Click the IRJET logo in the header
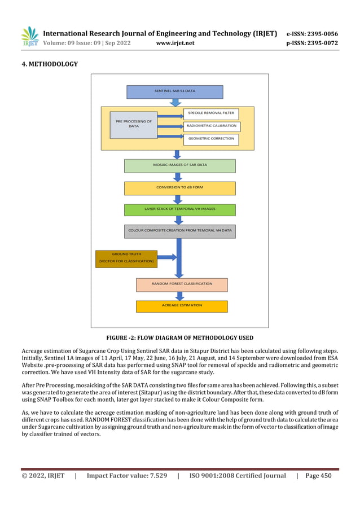[x=29, y=37]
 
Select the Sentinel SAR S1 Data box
[x=175, y=91]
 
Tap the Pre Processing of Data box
[x=134, y=124]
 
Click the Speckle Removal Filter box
[x=210, y=113]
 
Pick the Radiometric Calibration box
[x=210, y=126]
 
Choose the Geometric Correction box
[x=210, y=138]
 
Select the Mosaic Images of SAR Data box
[x=179, y=165]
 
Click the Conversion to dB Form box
[x=179, y=187]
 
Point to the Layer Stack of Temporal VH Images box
[x=179, y=209]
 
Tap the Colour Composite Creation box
[x=179, y=231]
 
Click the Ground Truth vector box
[x=126, y=258]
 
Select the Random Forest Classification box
[x=182, y=284]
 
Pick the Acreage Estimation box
[x=182, y=306]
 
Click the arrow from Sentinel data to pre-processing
[x=175, y=103]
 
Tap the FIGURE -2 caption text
[x=179, y=337]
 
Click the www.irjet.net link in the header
[x=174, y=42]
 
